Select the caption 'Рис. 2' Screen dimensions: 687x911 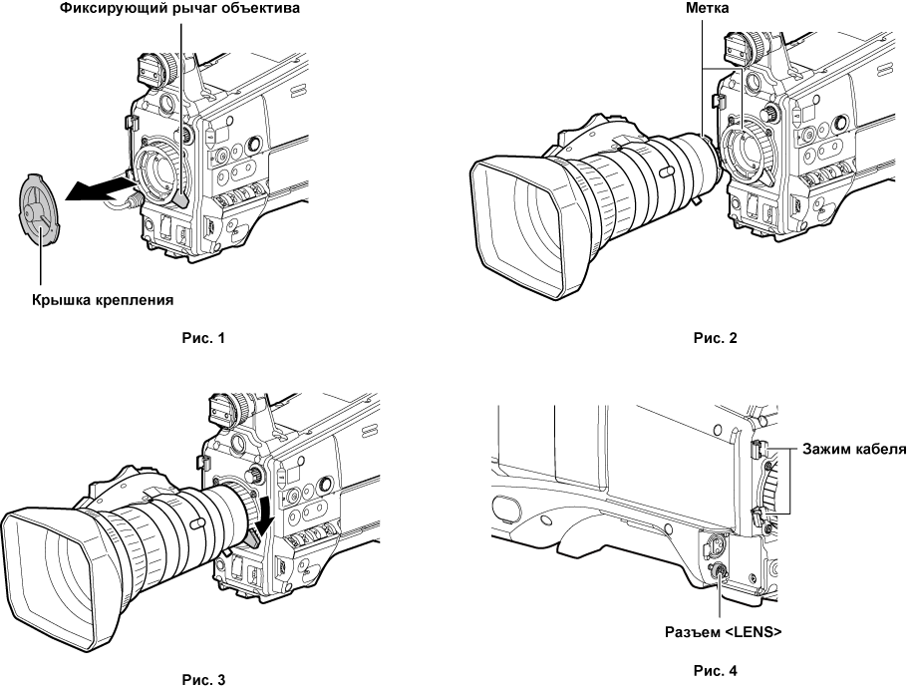(715, 338)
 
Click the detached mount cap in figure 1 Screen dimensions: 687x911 (38, 208)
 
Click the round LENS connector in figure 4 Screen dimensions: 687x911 (716, 572)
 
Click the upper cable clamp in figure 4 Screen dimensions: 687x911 (759, 452)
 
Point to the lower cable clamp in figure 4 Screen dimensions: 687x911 (759, 516)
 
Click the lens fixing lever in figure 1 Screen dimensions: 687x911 (179, 200)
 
